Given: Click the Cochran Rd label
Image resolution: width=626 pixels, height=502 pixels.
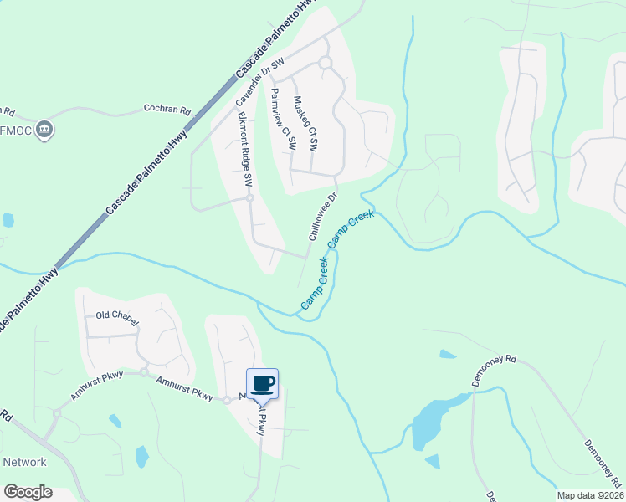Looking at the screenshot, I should point(167,109).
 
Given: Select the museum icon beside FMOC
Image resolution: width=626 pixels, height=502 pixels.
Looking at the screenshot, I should point(45,130).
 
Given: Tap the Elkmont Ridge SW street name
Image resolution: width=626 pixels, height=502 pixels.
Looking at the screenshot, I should point(244,148).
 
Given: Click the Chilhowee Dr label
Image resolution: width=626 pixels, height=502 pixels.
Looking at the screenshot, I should point(322,217).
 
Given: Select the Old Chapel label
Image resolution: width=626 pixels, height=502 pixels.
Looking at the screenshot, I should point(117,316).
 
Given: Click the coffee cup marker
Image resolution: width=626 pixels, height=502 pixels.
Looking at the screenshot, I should point(262,383).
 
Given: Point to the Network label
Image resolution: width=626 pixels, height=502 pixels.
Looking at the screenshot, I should point(25,462).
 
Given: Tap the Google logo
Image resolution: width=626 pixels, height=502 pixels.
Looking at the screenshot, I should point(28,492).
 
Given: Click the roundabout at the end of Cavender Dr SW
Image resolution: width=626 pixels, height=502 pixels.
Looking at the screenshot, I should point(325,63).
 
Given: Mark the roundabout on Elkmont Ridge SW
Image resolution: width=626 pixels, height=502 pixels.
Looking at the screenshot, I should point(249,198).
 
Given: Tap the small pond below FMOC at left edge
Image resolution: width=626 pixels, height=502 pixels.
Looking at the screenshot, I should point(8,220).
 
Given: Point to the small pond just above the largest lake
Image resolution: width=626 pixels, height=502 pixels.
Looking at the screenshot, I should point(448,355).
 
